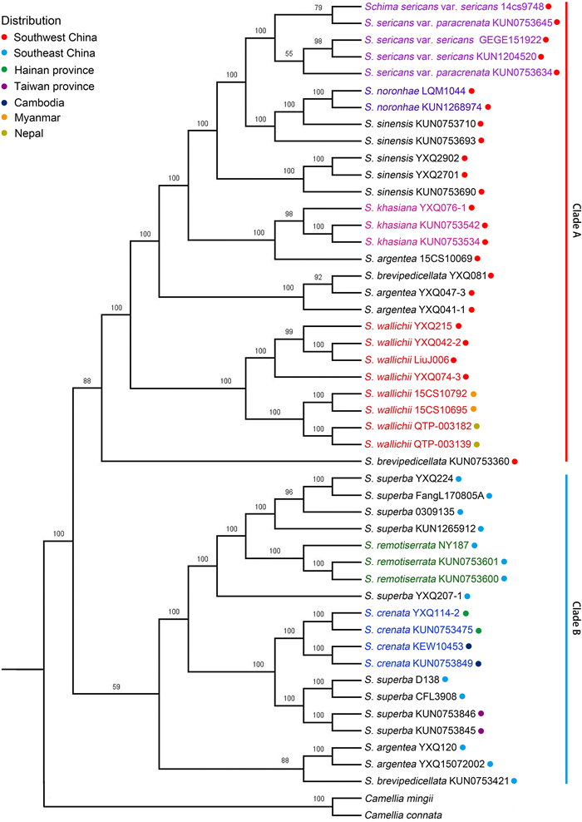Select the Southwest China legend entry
click(x=58, y=37)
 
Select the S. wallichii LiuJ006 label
click(x=407, y=359)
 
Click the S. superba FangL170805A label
click(x=423, y=496)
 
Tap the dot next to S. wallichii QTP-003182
click(x=476, y=427)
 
